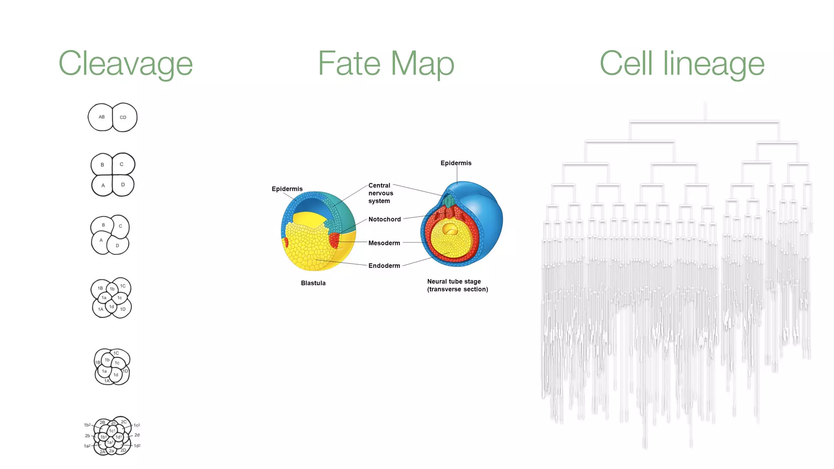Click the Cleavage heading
[125, 64]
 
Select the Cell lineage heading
[682, 64]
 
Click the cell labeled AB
[101, 117]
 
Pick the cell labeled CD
[123, 118]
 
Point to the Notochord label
[384, 219]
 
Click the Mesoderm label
[384, 243]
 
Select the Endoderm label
[384, 266]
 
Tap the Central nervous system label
[380, 193]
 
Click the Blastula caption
[313, 283]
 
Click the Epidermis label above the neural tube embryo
[456, 163]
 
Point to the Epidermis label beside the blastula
[287, 189]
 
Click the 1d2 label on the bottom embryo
[137, 446]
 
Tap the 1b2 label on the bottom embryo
[87, 425]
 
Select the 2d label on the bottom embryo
[137, 435]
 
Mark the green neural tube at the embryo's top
[449, 201]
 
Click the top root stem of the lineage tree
[705, 111]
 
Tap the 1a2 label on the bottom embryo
[87, 446]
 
